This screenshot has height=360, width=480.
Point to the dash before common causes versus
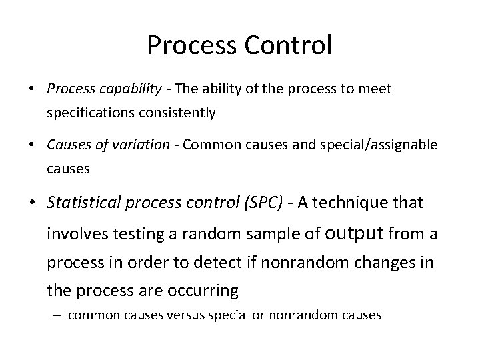click(59, 315)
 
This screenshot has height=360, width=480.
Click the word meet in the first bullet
click(377, 89)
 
